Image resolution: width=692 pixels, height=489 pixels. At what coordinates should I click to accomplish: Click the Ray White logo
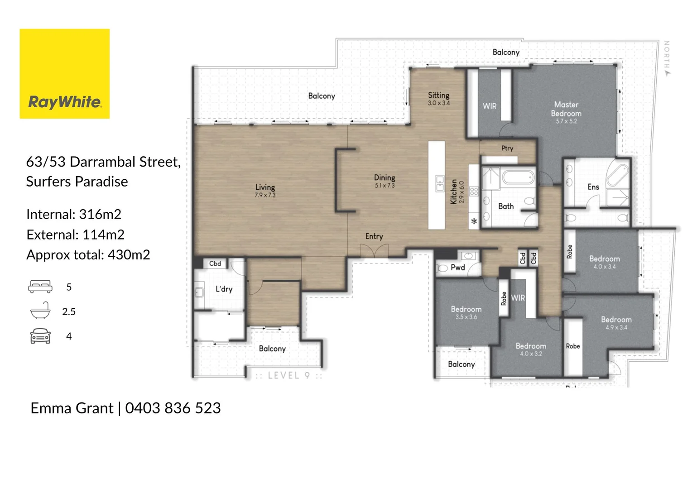point(64,74)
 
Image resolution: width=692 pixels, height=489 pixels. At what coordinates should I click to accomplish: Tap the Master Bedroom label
point(566,109)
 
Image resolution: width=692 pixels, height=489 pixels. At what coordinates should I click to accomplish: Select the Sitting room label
point(438,96)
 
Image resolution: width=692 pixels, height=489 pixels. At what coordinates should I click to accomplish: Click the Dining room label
point(384,178)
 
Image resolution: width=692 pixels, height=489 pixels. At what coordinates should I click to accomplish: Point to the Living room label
point(265,187)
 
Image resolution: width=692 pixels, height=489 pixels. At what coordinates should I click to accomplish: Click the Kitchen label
point(454,192)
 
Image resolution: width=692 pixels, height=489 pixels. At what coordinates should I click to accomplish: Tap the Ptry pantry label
point(507,149)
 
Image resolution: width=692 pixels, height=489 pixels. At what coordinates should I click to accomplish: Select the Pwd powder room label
point(457,268)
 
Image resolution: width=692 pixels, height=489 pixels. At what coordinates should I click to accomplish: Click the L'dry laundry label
point(224,289)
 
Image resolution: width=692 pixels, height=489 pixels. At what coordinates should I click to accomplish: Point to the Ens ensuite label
point(593,187)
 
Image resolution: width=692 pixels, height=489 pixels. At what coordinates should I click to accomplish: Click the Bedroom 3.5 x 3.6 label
point(466,309)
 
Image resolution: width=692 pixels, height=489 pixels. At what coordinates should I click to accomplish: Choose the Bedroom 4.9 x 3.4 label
point(616,320)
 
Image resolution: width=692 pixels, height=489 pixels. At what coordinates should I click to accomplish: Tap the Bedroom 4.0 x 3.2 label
point(531,346)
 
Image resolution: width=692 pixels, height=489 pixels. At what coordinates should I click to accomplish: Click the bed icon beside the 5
point(40,287)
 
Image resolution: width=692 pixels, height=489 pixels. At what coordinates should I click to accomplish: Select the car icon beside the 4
point(40,336)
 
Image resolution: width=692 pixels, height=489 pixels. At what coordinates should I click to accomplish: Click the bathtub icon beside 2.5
point(40,311)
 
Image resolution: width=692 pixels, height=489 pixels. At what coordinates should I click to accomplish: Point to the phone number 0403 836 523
point(173,408)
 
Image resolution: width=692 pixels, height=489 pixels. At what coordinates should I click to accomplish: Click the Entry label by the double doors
point(374,236)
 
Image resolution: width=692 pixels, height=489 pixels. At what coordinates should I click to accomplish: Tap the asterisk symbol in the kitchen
point(474,222)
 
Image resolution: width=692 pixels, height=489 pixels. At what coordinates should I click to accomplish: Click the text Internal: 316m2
point(74,214)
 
